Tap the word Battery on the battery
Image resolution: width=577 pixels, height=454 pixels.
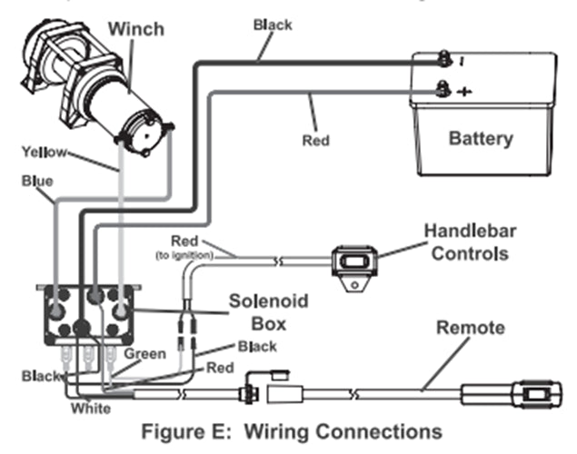click(x=481, y=139)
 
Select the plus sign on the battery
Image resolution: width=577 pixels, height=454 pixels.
click(x=465, y=92)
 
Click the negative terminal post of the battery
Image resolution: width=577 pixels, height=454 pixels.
click(x=443, y=57)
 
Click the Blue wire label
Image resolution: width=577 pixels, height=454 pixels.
click(x=35, y=181)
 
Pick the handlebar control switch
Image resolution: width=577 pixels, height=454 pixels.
click(x=355, y=263)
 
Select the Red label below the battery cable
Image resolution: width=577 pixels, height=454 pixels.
click(x=315, y=141)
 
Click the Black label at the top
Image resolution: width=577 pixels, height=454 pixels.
click(x=272, y=25)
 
